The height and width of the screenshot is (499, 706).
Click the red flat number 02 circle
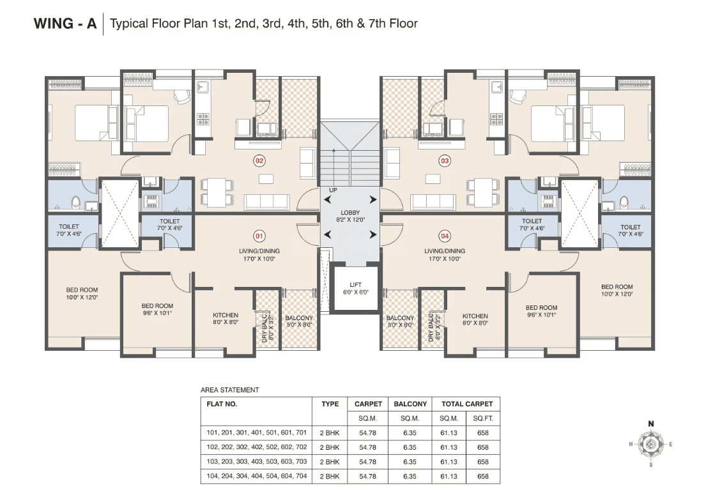point(259,161)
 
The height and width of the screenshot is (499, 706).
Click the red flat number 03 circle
point(445,161)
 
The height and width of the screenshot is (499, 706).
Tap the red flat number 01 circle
point(259,236)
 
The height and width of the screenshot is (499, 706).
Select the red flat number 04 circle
point(445,236)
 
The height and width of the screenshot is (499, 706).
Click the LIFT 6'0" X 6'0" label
point(356,288)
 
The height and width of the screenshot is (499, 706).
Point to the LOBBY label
point(350,213)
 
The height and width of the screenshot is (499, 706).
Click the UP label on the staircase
point(333,190)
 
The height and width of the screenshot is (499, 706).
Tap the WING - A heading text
point(65,24)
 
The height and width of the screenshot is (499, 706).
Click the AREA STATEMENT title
point(229,390)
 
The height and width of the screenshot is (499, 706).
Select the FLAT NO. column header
point(222,404)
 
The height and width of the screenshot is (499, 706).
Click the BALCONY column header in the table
point(410,404)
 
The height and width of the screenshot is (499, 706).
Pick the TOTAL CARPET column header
point(467,404)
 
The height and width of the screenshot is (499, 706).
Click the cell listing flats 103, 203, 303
point(257,461)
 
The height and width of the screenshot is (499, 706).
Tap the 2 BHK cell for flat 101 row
point(330,433)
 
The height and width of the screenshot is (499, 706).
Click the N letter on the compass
point(650,424)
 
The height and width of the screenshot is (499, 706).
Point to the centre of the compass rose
point(650,445)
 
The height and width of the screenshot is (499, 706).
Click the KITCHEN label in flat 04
point(475,316)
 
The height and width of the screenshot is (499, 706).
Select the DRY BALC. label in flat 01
point(265,326)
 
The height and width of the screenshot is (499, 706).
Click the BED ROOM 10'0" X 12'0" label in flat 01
point(82,294)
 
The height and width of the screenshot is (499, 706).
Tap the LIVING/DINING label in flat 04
point(445,251)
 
